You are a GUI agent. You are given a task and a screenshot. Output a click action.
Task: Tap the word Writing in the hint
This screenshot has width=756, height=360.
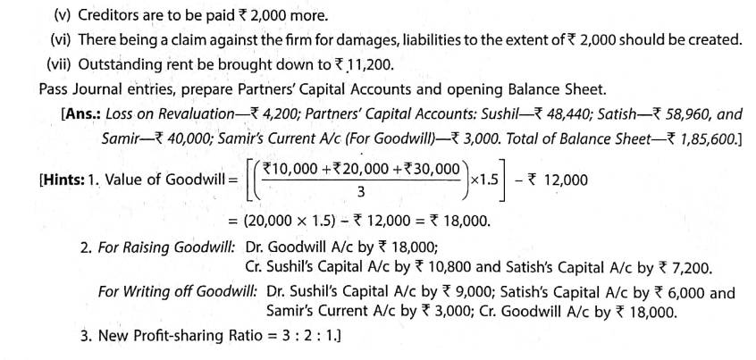tap(147, 292)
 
